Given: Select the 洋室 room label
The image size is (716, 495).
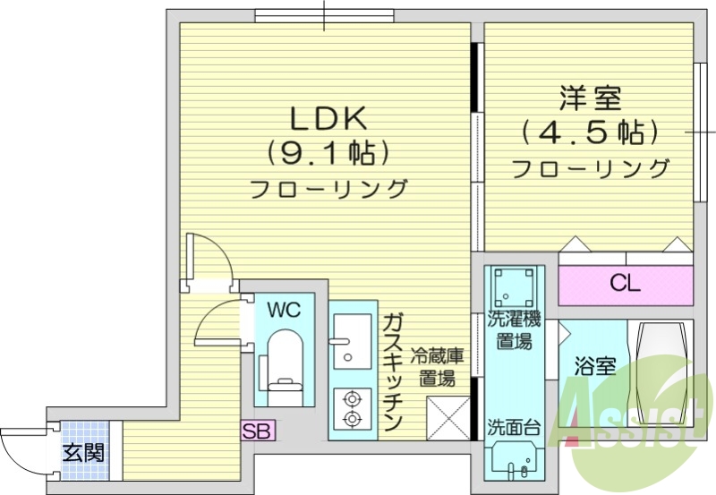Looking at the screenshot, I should click(591, 96).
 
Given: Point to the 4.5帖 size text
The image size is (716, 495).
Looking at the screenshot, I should click(591, 132).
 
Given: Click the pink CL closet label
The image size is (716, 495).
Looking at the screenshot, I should click(625, 285).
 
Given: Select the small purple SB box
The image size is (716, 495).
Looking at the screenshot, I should click(258, 431).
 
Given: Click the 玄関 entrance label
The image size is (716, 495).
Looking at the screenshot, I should click(82, 452).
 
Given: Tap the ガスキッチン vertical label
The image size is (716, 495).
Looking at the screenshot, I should click(394, 371).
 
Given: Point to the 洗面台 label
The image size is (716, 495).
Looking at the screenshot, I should click(513, 427).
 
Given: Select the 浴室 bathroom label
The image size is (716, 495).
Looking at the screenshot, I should click(593, 366).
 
